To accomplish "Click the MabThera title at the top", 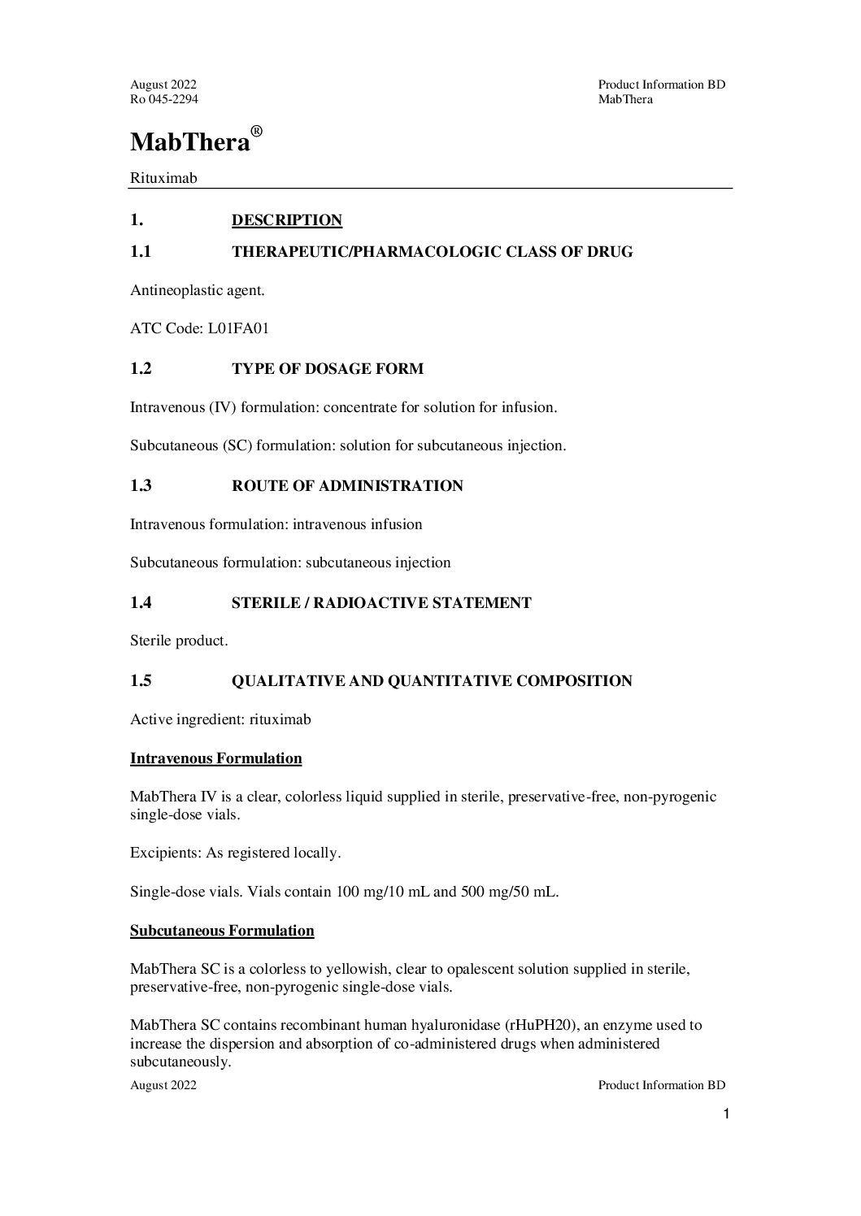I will [189, 142].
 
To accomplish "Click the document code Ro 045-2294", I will [163, 99].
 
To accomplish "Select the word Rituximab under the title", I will [163, 177].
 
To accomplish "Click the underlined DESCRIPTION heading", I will [287, 220].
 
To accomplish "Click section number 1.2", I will [141, 369].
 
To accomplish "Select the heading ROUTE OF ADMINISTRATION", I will [347, 486].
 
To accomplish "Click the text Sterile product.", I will [179, 641].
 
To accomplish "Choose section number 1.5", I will [141, 681].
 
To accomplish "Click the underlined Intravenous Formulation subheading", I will [215, 758].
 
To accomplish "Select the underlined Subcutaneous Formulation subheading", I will [222, 931].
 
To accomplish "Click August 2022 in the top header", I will [163, 85].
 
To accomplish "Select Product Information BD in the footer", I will [661, 1085].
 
